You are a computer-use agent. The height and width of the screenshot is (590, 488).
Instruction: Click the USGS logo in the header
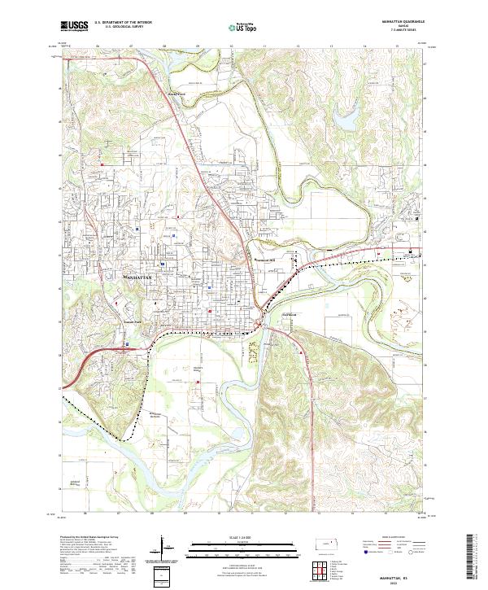[x=75, y=26]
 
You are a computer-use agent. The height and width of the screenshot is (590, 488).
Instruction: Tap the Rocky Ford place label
[x=178, y=93]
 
